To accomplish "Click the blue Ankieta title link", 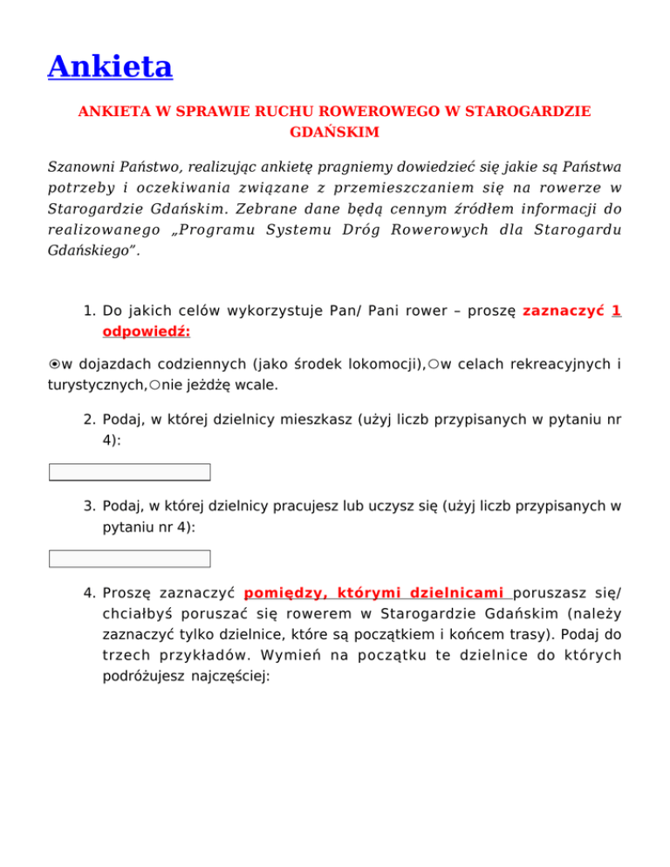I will point(110,66).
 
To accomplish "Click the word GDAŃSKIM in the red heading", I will point(334,132).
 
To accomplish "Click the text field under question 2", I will point(130,472).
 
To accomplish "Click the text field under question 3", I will point(130,558).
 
